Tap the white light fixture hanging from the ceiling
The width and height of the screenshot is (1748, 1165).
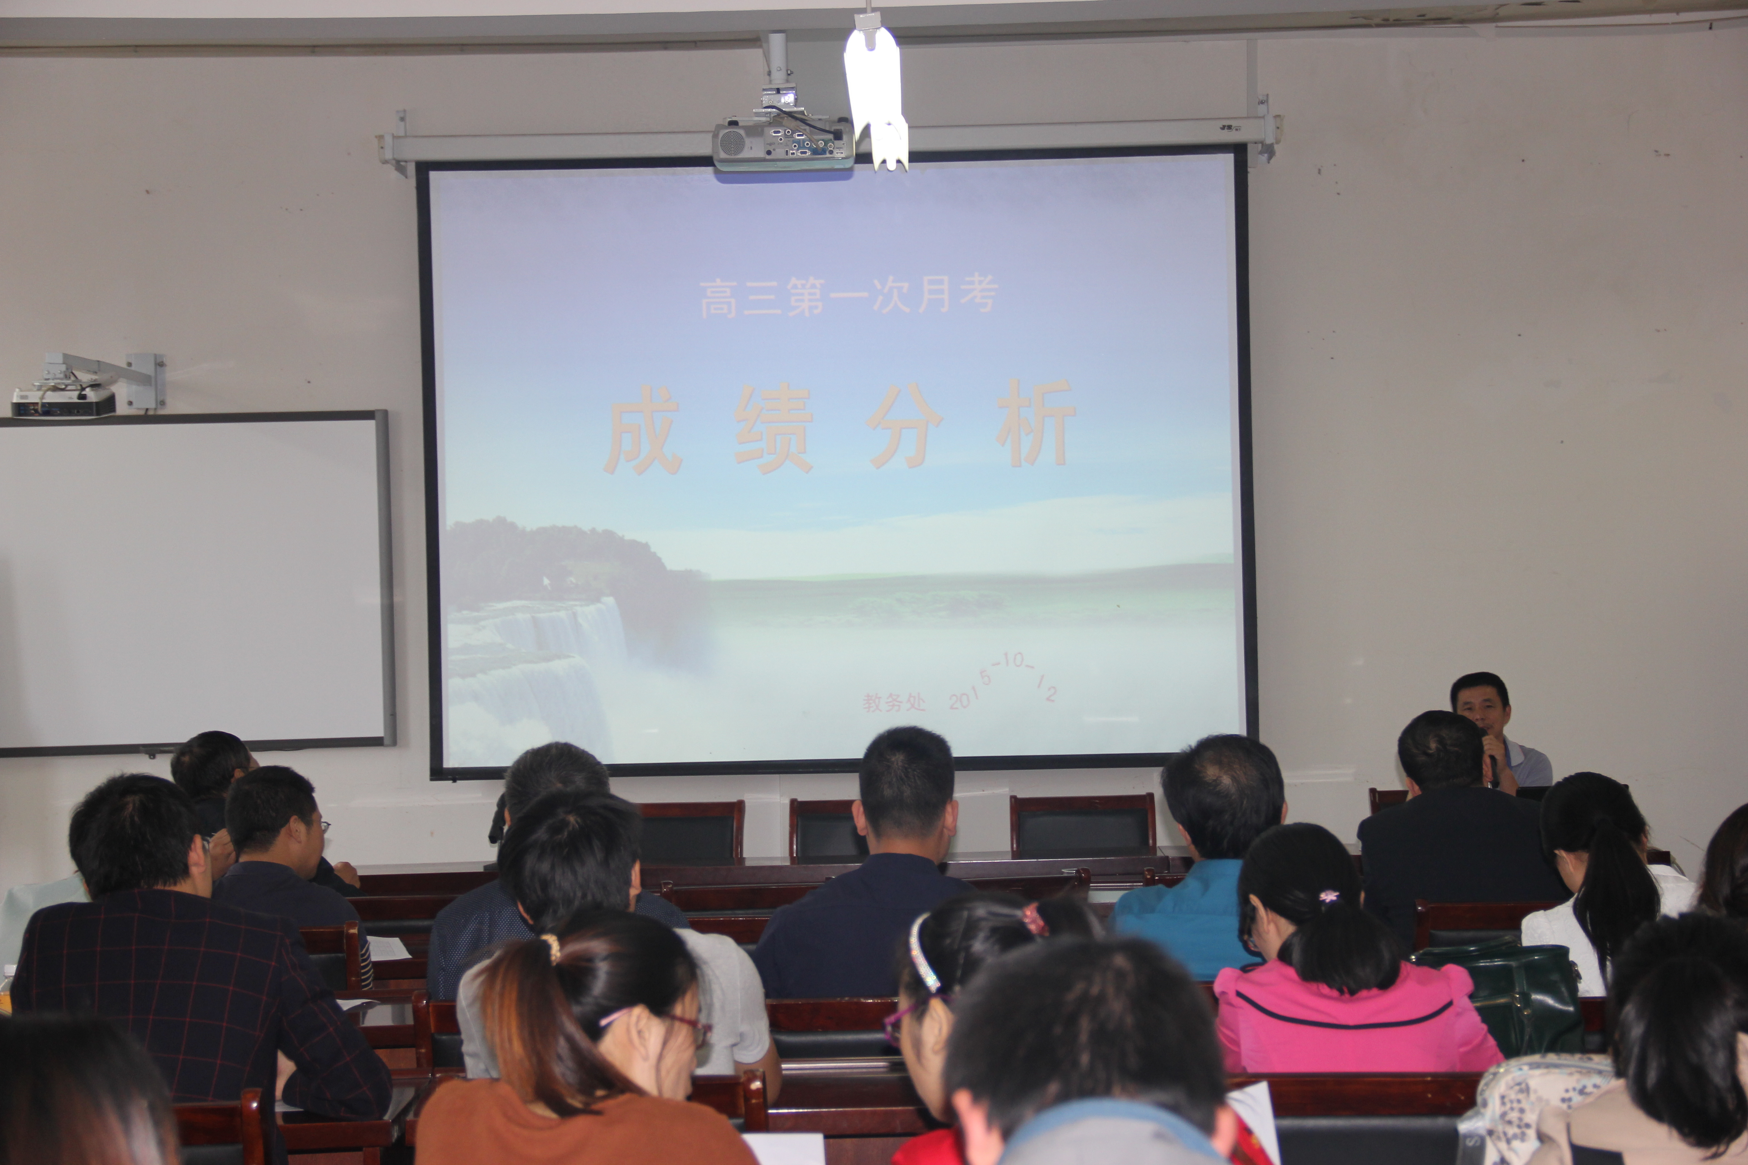click(x=875, y=93)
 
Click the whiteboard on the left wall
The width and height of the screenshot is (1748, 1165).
click(x=195, y=581)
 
